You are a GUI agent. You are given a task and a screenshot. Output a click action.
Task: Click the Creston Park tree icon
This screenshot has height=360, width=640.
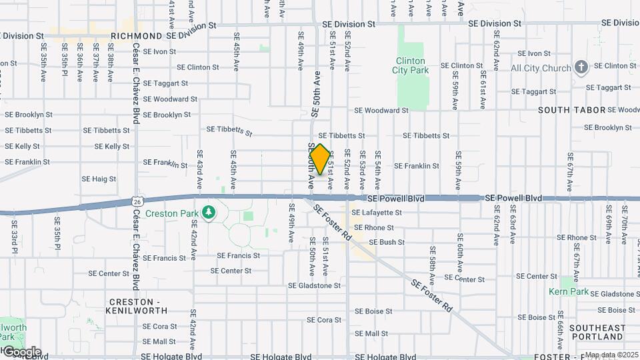tap(210, 213)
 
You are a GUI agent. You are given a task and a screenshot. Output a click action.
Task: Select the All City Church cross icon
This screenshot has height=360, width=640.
tap(581, 67)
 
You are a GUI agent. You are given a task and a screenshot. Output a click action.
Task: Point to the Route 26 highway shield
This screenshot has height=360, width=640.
tap(136, 201)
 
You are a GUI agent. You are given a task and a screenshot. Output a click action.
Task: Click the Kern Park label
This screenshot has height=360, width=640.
tap(568, 291)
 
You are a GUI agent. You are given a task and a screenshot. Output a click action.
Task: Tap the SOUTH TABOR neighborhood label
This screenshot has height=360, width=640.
tap(571, 110)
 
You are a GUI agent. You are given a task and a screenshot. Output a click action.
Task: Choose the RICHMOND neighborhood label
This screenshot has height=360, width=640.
tap(137, 36)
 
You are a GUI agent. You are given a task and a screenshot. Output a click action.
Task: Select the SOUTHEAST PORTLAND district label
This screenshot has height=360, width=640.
tap(597, 332)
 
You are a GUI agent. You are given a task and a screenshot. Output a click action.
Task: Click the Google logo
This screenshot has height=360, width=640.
tap(21, 351)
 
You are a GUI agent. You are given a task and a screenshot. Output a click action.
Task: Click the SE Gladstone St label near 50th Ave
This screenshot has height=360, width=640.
tap(314, 285)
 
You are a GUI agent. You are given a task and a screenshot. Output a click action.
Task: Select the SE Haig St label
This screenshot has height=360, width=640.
tap(99, 179)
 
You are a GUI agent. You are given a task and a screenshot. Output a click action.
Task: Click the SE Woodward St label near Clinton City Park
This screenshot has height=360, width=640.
tap(381, 110)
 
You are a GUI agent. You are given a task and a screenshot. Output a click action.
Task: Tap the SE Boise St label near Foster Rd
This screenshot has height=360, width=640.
tap(373, 311)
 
